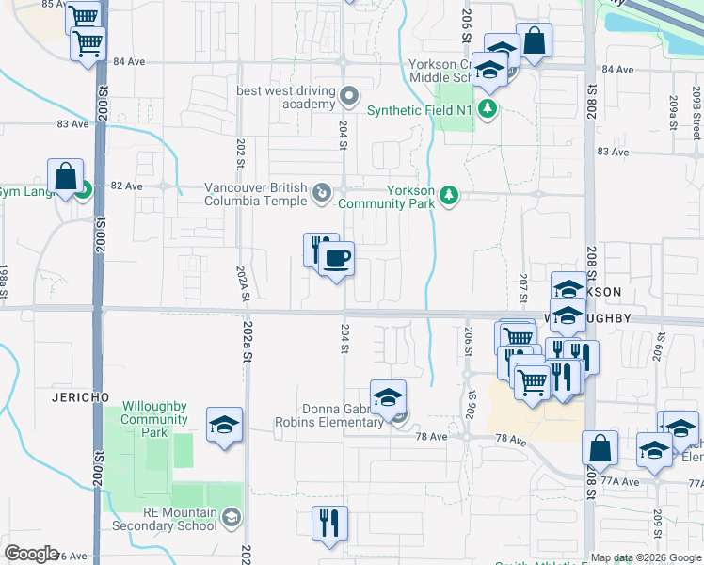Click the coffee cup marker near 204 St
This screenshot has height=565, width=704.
pyautogui.click(x=336, y=258)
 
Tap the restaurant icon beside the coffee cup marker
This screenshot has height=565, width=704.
pyautogui.click(x=320, y=249)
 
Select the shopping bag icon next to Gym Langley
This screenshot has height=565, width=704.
pyautogui.click(x=64, y=176)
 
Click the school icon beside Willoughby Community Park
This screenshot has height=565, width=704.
pyautogui.click(x=225, y=425)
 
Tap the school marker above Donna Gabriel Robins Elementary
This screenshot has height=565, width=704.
pyautogui.click(x=387, y=397)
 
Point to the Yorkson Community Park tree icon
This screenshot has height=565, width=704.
pyautogui.click(x=450, y=195)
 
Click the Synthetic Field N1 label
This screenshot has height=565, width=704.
pyautogui.click(x=419, y=110)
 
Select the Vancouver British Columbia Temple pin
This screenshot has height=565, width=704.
pyautogui.click(x=322, y=194)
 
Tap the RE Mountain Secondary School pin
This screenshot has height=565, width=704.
pyautogui.click(x=232, y=517)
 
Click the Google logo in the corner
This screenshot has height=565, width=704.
pyautogui.click(x=31, y=554)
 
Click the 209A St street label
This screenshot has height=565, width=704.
pyautogui.click(x=672, y=113)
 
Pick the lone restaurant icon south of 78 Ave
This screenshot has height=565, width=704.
pyautogui.click(x=329, y=523)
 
